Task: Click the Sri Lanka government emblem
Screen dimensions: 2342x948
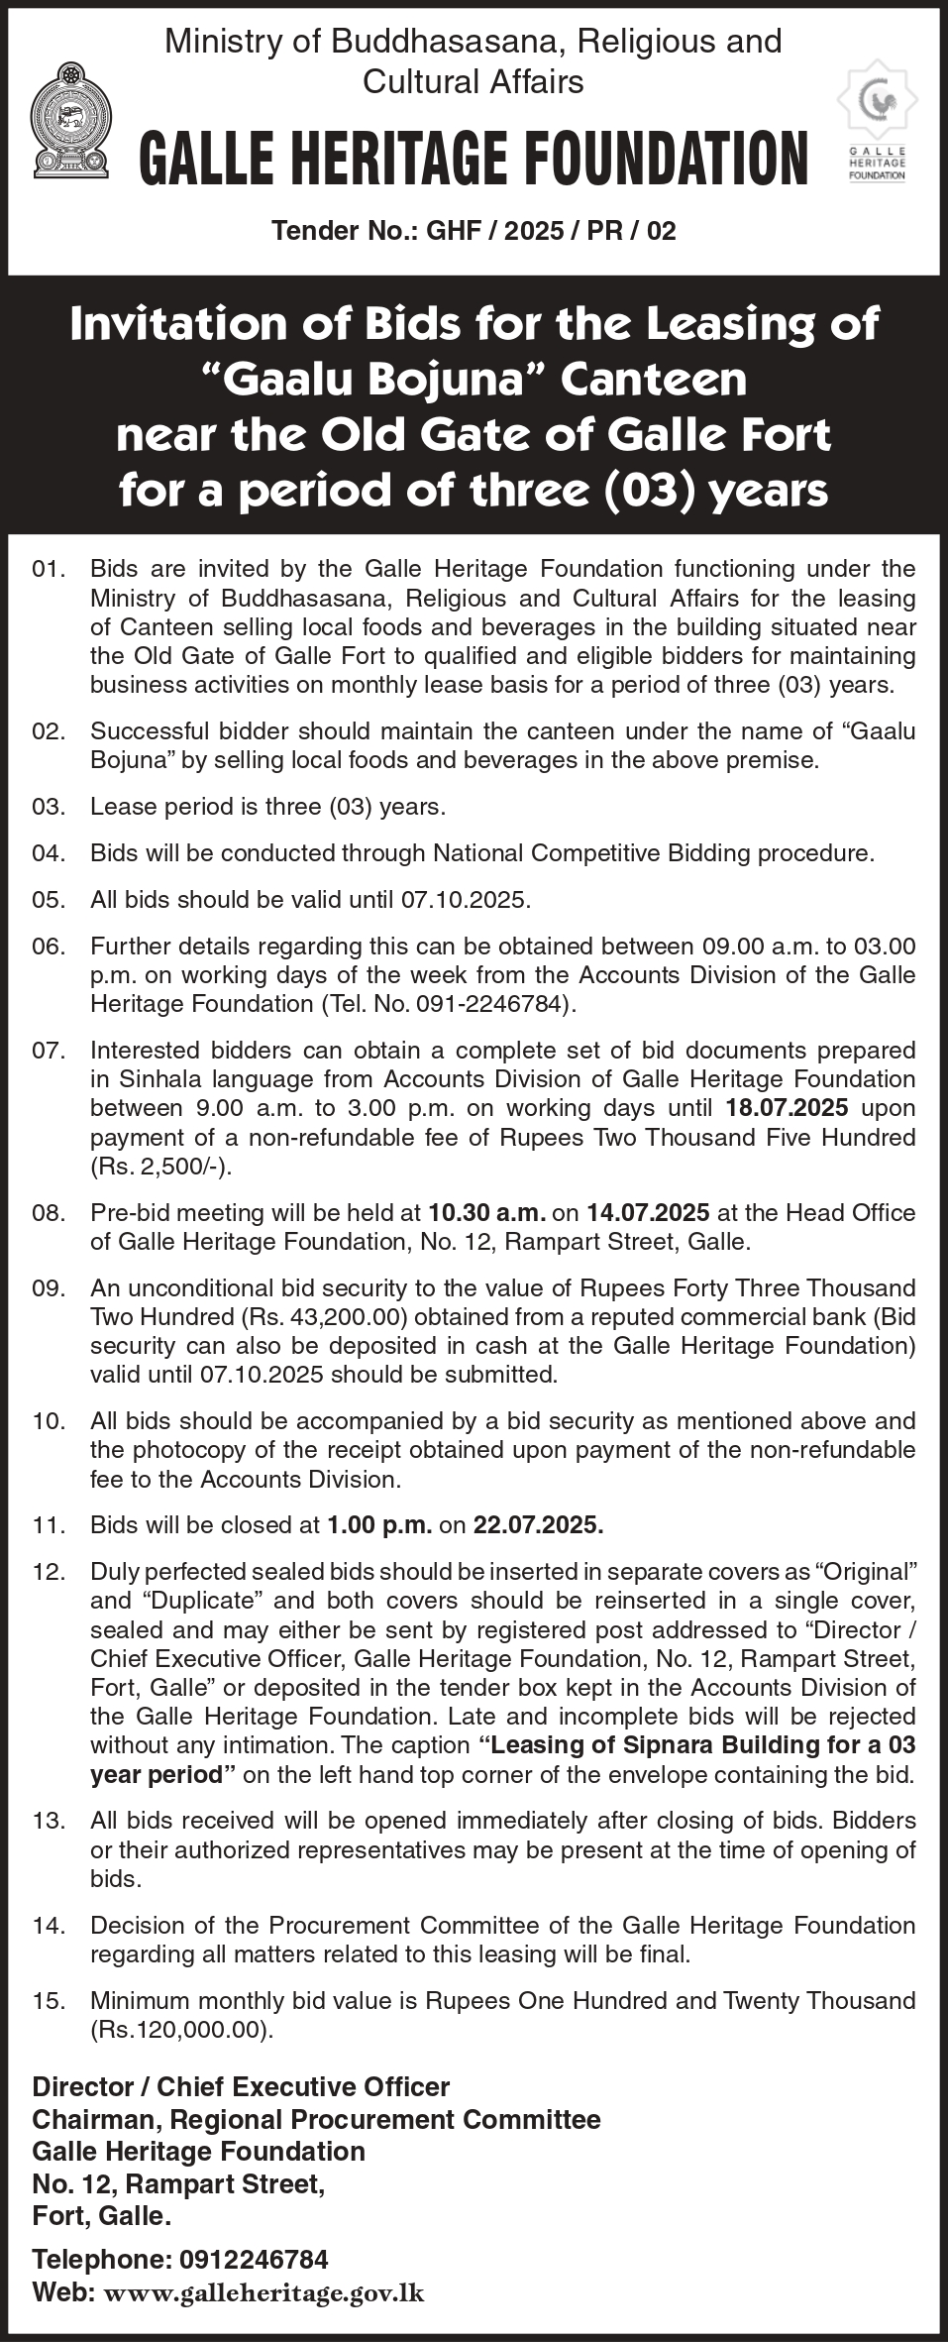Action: [69, 122]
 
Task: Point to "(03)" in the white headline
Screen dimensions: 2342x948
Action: [649, 490]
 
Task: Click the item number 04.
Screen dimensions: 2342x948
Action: [49, 852]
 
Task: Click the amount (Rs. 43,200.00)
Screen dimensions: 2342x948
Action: [260, 1316]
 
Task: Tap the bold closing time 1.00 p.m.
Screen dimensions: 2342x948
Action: [378, 1524]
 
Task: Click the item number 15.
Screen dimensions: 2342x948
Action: [49, 2000]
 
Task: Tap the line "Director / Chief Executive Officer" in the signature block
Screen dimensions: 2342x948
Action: [241, 2086]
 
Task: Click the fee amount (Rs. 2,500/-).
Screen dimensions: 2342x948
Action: [161, 1166]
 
